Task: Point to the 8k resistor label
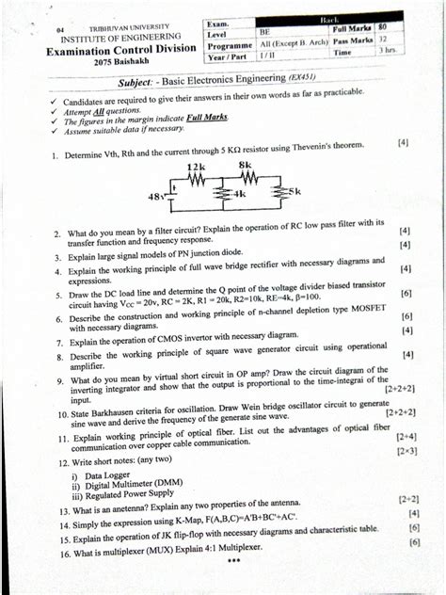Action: coord(246,166)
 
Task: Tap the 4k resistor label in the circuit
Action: coord(240,194)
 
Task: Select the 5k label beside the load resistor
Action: coord(295,191)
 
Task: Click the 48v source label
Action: coord(156,196)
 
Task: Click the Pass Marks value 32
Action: coord(382,42)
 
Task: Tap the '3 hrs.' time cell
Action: coord(382,56)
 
